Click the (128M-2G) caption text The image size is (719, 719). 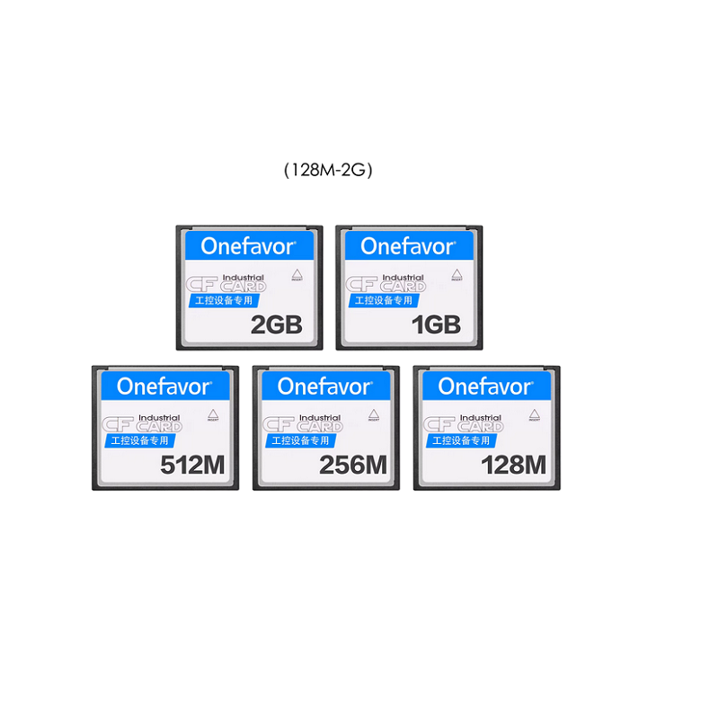point(327,169)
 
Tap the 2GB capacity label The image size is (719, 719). point(276,324)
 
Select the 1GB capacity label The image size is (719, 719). point(436,324)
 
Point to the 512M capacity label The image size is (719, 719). point(191,465)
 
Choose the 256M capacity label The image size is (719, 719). point(353,465)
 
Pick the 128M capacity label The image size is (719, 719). point(514,465)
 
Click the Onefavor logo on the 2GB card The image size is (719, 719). point(249,245)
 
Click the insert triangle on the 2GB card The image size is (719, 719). point(296,273)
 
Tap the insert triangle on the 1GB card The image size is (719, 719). point(456,273)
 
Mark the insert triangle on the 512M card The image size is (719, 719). point(212,414)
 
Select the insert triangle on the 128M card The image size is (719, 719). point(533,414)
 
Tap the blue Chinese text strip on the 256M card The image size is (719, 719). point(301,440)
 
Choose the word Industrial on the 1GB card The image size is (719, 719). point(403,277)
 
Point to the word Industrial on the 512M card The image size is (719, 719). point(159,418)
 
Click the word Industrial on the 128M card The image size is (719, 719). point(480,418)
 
